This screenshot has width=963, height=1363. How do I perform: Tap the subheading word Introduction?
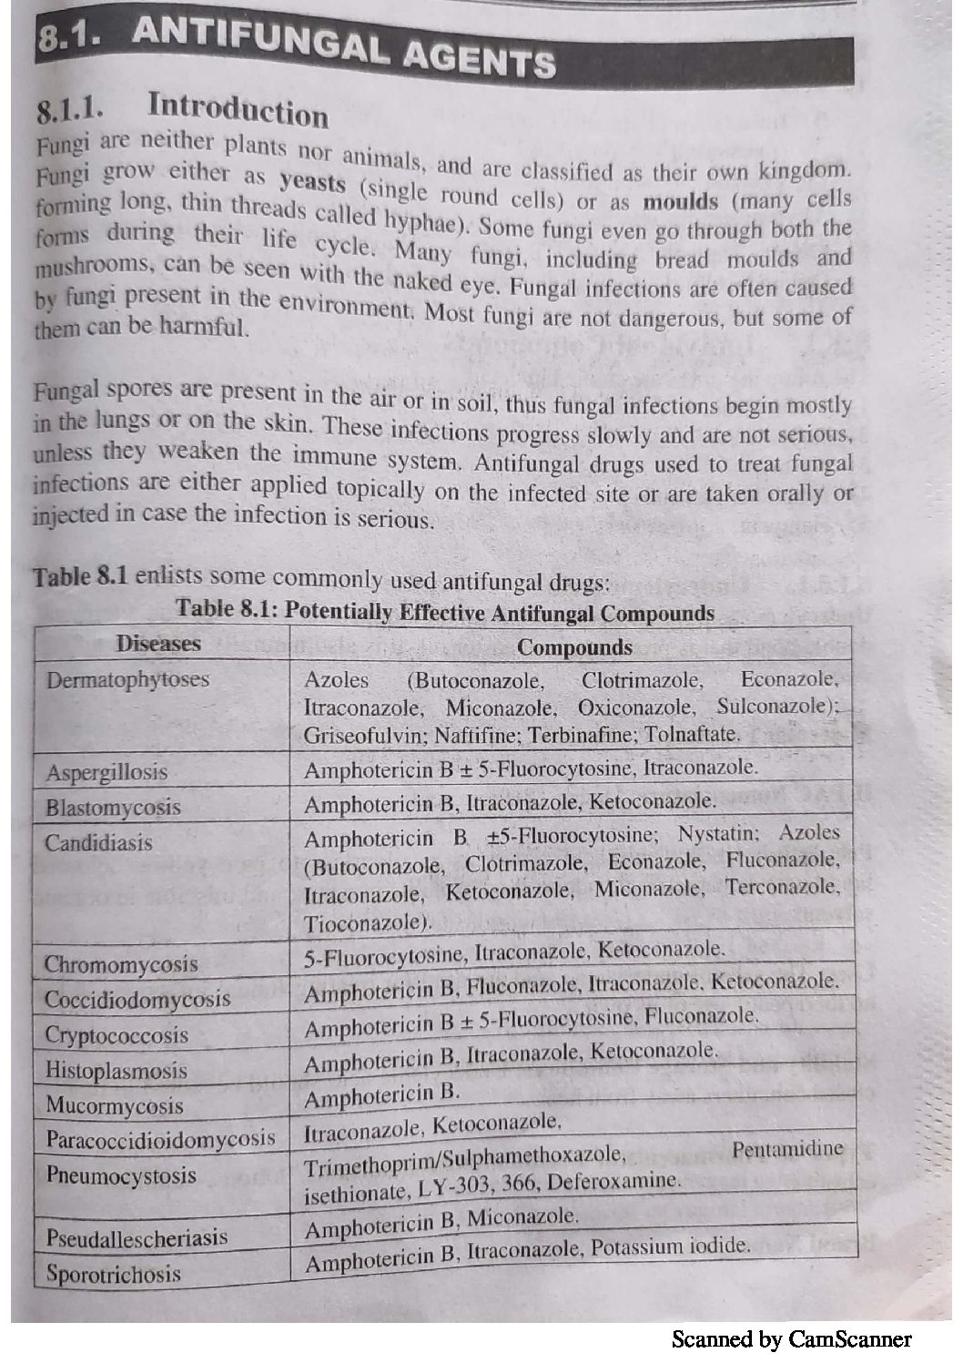(238, 110)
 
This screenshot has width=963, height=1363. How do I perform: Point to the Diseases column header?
(157, 644)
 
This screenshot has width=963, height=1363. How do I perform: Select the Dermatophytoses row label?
(127, 680)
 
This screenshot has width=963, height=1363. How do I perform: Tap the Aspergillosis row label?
(106, 773)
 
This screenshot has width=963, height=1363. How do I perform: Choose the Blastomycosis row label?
(113, 808)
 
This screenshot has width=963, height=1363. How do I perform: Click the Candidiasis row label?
(98, 843)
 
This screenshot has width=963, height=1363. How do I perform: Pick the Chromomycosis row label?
(121, 964)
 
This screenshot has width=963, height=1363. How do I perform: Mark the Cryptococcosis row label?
(117, 1035)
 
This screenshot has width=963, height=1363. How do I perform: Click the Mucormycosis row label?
(114, 1106)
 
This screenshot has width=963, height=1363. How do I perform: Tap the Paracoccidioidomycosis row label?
(160, 1139)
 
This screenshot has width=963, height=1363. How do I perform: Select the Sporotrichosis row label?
(114, 1274)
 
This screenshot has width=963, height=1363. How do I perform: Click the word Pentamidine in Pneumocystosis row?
(787, 1149)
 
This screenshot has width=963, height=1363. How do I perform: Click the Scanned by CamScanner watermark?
(791, 1338)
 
